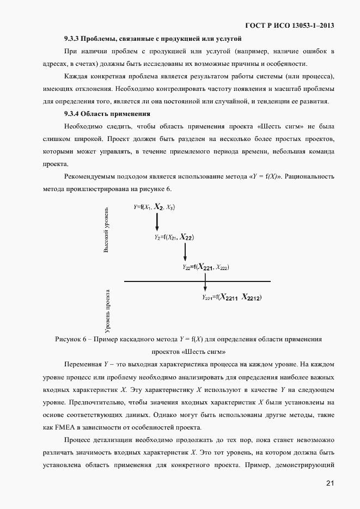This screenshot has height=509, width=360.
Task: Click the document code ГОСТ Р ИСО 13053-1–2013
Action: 290,26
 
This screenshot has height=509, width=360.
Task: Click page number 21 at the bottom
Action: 330,483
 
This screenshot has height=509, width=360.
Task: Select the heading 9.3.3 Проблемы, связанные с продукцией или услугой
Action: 152,38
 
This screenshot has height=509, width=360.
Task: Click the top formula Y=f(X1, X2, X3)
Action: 154,207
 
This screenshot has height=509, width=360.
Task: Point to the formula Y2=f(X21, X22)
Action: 174,237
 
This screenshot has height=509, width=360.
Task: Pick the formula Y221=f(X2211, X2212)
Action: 232,297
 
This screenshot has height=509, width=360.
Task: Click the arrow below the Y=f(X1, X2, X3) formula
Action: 157,222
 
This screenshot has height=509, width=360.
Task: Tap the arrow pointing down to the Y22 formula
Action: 185,252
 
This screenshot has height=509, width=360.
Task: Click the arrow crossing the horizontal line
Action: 205,281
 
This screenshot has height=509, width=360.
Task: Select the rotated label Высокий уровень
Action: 107,229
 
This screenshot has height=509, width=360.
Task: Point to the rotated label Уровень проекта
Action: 108,310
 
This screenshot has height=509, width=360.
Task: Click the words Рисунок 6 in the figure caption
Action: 72,339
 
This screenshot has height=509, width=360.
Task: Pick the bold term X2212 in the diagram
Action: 252,297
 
